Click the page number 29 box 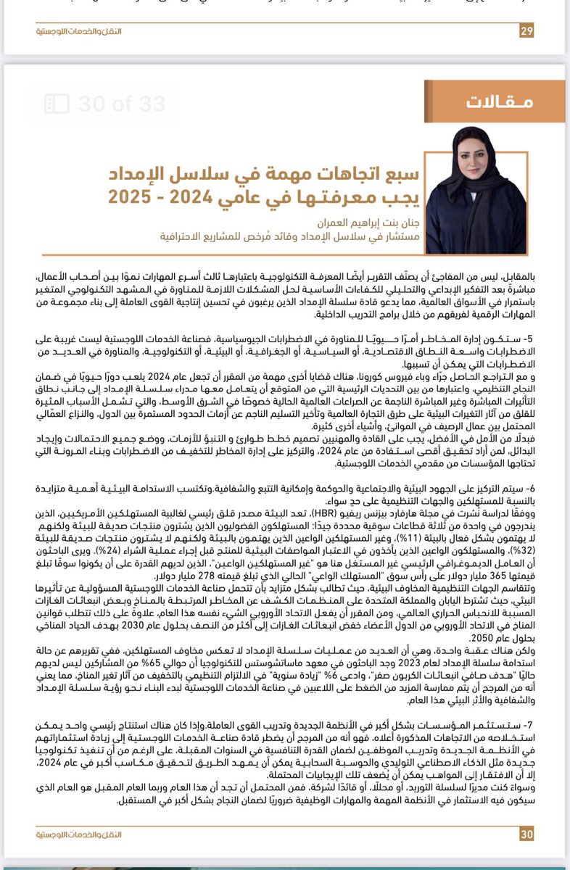tap(526, 30)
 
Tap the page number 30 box tap(526, 834)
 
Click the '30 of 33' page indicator tap(110, 104)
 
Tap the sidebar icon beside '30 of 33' tap(56, 104)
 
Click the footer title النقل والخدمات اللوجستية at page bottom tap(78, 834)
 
